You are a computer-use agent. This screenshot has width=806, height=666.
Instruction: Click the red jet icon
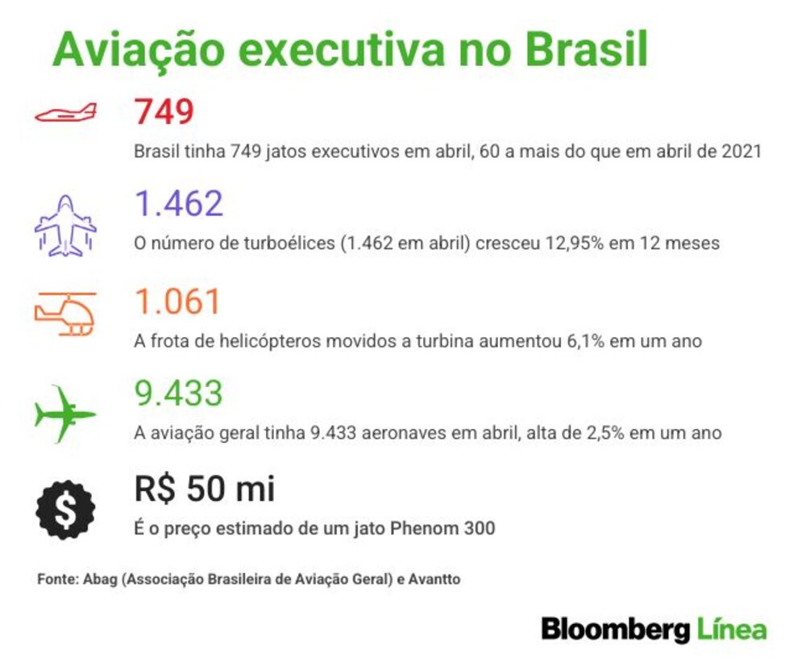tap(65, 113)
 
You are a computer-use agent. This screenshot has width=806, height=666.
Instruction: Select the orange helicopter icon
tap(65, 314)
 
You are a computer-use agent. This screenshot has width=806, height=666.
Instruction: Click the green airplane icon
tap(64, 414)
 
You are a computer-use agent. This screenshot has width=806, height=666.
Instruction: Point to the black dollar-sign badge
tap(65, 510)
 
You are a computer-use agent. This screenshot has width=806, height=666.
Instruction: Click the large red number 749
tap(164, 111)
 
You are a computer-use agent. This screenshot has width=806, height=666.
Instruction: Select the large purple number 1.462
tap(179, 203)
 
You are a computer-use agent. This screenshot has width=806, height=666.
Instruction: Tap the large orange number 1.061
tap(178, 301)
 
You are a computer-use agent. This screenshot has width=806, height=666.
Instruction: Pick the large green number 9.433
tap(178, 393)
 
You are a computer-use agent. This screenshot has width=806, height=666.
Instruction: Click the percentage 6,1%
tap(585, 341)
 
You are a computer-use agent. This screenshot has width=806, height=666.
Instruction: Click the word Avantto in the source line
tap(434, 579)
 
